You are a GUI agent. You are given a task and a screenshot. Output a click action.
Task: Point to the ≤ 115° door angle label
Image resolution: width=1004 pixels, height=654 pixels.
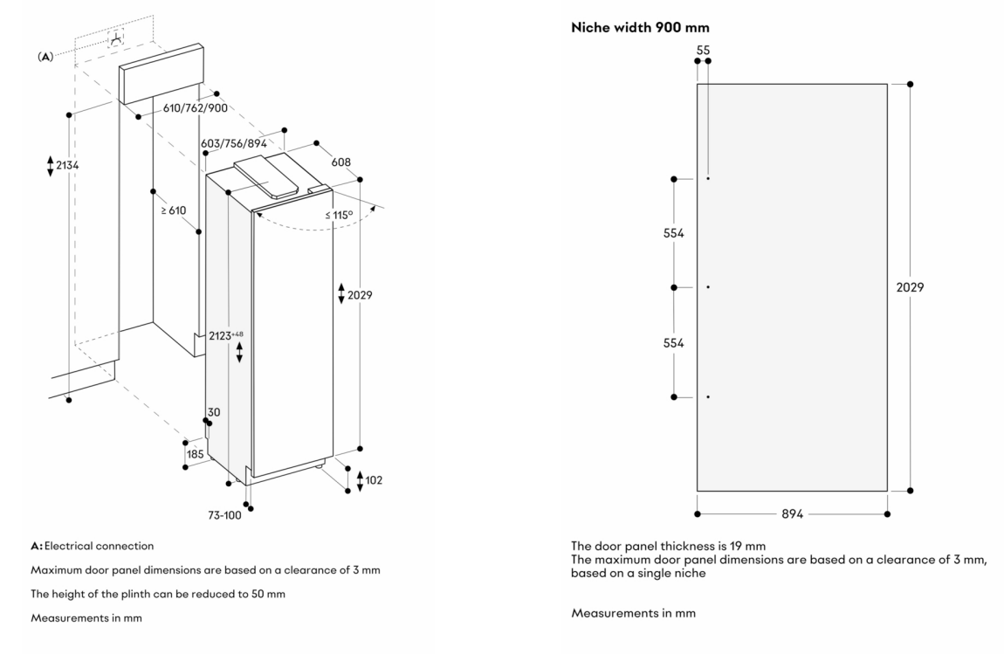click(x=339, y=215)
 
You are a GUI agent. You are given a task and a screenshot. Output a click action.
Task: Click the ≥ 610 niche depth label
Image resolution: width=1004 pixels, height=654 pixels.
click(x=173, y=210)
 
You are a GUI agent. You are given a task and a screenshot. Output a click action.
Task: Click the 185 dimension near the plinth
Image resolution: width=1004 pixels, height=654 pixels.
click(x=195, y=454)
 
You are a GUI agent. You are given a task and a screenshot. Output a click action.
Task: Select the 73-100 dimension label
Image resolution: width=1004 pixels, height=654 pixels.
click(x=224, y=515)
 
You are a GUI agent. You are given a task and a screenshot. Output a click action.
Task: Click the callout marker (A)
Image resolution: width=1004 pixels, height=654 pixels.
click(x=45, y=55)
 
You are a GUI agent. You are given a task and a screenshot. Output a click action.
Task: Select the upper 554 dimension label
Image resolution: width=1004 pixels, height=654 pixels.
click(x=672, y=233)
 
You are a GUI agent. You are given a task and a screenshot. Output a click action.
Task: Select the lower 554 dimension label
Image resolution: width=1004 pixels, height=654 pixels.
click(x=672, y=342)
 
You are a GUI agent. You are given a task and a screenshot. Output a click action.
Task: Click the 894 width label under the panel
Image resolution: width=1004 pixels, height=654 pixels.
click(x=793, y=514)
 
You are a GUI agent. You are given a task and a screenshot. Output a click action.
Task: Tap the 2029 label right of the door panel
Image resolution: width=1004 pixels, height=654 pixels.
click(x=910, y=287)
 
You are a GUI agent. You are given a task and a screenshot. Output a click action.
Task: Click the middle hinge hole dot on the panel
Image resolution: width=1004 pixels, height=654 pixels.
click(x=708, y=287)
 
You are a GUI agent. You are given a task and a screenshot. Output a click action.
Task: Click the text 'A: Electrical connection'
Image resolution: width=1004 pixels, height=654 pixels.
click(x=93, y=546)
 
